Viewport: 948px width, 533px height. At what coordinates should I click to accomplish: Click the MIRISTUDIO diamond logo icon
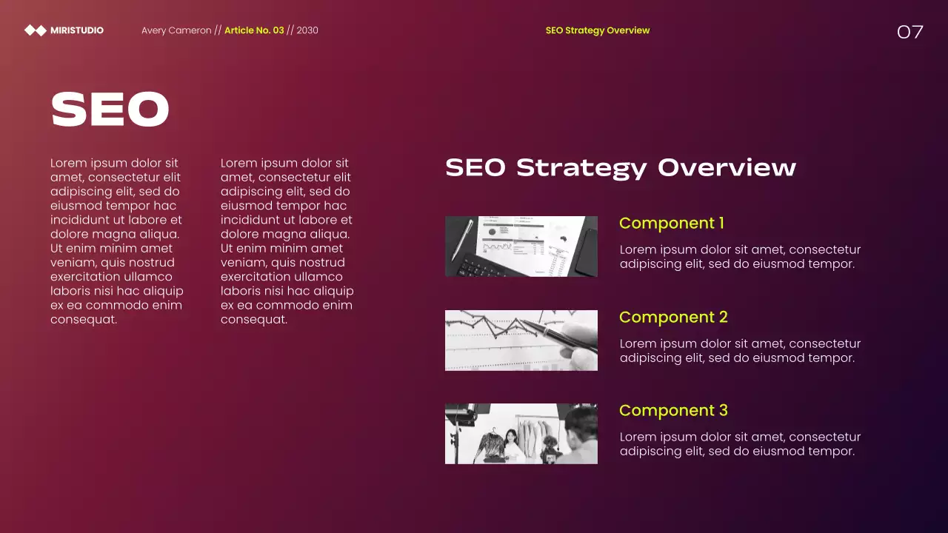(36, 30)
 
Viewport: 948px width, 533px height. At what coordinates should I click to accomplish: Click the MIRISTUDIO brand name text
(77, 30)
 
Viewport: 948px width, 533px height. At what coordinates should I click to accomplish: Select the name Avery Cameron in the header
(176, 30)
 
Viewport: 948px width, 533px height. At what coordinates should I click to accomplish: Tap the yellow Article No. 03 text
(254, 30)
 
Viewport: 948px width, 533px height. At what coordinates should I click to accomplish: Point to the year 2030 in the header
(307, 30)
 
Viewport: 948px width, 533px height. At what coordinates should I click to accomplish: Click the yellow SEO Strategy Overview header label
(597, 30)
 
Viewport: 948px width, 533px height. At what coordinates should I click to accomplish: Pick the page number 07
(910, 32)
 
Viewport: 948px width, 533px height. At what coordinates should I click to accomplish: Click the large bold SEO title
(110, 110)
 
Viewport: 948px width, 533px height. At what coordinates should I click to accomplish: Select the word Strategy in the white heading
(581, 167)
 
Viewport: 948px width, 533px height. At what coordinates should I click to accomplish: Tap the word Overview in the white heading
(727, 167)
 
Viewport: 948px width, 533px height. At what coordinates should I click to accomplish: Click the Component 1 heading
(672, 223)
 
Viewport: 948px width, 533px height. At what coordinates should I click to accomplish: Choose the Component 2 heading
(673, 317)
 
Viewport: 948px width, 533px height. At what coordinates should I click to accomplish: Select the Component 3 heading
(673, 410)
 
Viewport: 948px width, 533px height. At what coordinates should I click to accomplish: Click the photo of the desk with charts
(521, 247)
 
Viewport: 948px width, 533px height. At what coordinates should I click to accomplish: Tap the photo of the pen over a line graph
(521, 341)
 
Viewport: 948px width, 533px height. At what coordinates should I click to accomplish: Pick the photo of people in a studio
(521, 434)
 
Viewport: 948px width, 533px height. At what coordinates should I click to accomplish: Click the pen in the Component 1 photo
(462, 239)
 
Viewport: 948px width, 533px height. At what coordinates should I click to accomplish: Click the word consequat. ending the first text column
(84, 320)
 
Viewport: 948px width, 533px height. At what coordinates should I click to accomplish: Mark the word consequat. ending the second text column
(254, 320)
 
